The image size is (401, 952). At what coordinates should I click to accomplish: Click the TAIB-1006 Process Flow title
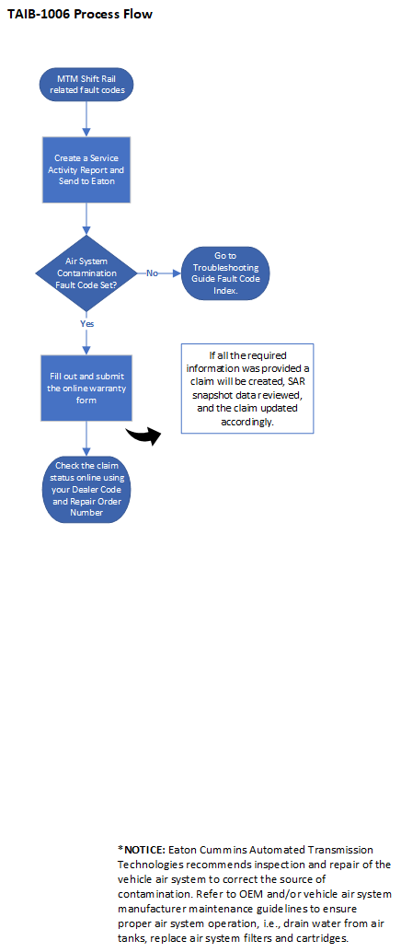pos(79,15)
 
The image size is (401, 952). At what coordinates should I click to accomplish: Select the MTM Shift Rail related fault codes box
pos(87,86)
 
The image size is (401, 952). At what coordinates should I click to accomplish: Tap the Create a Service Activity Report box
pos(87,171)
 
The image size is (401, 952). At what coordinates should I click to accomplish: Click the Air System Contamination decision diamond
pos(87,273)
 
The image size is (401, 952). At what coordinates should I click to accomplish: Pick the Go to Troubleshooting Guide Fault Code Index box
pos(225,273)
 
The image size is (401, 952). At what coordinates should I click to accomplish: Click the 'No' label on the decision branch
pos(153,273)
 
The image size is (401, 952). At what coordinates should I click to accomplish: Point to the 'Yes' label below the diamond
pos(87,323)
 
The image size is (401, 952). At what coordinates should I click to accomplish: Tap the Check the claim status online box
pos(87,490)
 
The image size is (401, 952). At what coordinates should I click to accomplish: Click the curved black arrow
pos(142,435)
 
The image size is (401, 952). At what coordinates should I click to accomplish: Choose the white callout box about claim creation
pos(246,389)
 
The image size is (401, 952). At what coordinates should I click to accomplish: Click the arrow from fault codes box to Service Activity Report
pos(87,118)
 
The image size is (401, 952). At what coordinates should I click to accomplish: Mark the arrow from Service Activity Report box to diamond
pos(87,220)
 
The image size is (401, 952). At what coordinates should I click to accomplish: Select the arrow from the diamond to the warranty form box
pos(87,339)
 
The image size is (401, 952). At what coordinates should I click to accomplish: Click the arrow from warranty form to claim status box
pos(87,437)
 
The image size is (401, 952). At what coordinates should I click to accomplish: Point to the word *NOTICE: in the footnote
pos(141,850)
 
